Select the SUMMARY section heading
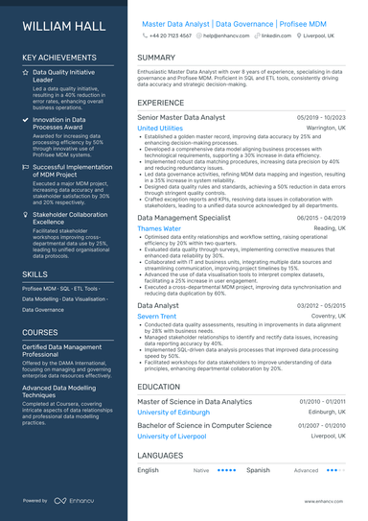pos(156,59)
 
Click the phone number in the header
pos(172,35)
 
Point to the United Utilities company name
pos(160,128)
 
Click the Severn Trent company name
pos(156,316)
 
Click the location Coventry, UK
pos(326,316)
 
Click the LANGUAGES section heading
pos(161,454)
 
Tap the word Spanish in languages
pos(258,471)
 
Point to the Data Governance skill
pos(43,310)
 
